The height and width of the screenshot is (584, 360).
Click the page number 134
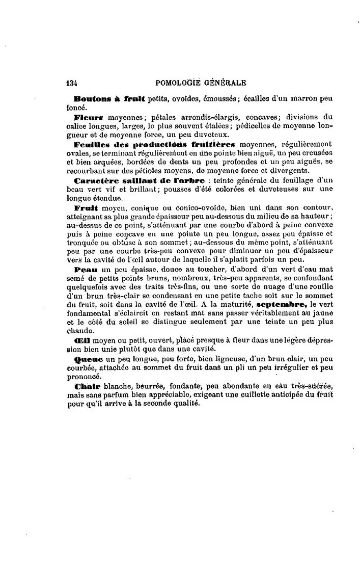click(x=72, y=83)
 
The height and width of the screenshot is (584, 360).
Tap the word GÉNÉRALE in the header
click(x=226, y=83)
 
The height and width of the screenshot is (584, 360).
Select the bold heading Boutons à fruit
click(x=109, y=98)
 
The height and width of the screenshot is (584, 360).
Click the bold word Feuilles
click(x=92, y=144)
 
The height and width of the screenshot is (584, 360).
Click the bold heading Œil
click(x=81, y=341)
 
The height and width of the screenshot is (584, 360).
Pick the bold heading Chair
click(x=87, y=386)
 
